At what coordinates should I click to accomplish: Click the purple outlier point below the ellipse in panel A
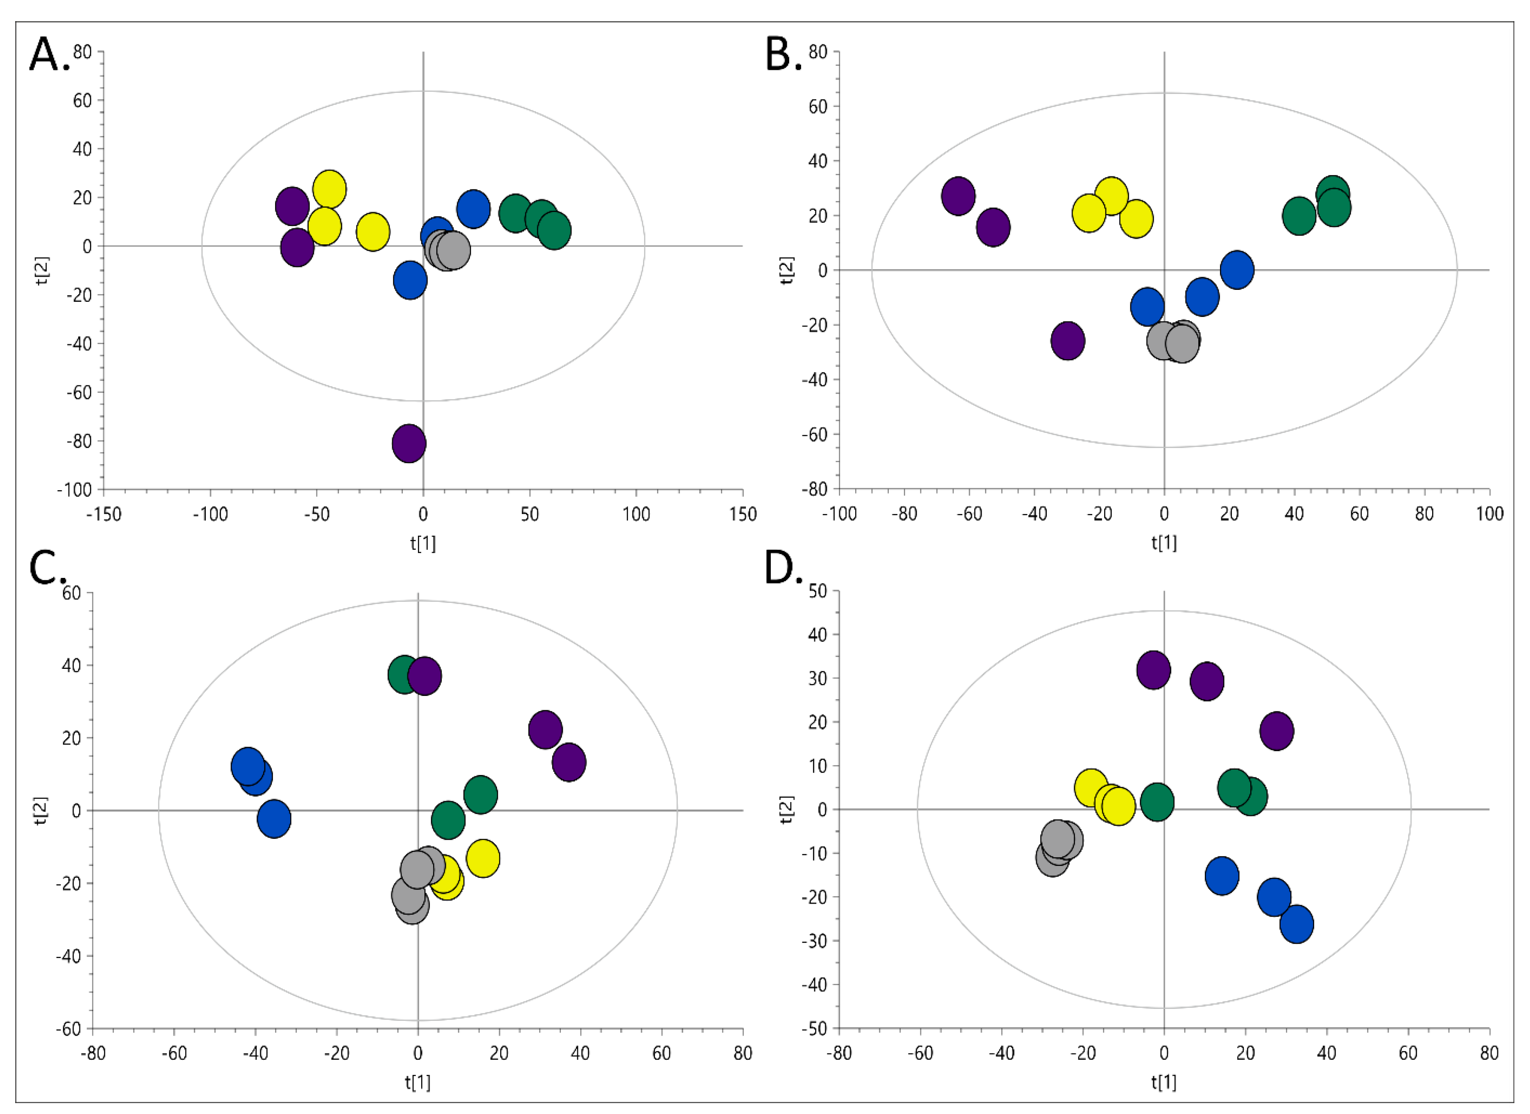409,443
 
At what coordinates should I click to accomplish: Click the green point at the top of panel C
404,674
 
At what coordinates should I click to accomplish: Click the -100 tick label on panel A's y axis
74,490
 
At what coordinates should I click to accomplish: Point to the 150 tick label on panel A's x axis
743,515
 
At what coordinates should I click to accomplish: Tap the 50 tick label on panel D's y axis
818,591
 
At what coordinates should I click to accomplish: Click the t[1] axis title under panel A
423,543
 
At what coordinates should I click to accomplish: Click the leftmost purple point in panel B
958,196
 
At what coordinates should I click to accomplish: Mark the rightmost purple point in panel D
1276,731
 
